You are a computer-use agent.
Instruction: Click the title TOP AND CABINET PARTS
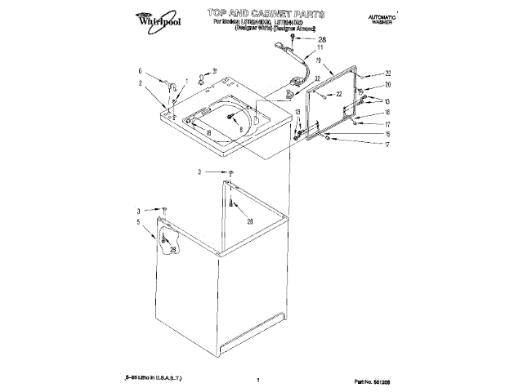point(266,14)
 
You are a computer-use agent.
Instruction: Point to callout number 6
point(141,71)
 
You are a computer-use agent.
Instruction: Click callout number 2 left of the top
point(141,83)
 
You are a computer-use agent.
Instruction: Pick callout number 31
point(215,70)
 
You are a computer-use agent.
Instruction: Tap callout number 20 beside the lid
point(389,84)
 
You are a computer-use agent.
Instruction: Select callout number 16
point(388,112)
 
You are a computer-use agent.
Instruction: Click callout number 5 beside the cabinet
point(139,221)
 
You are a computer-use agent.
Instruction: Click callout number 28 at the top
point(321,39)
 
